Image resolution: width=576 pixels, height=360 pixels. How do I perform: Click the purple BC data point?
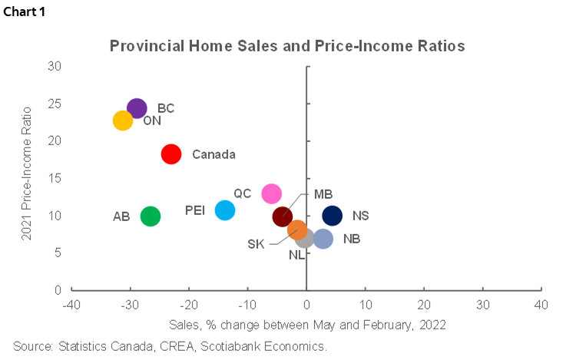click(x=137, y=108)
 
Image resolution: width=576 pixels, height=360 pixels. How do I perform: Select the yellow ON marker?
click(x=123, y=120)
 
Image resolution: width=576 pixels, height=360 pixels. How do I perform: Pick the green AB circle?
click(x=151, y=216)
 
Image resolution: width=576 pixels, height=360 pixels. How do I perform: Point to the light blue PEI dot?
click(x=225, y=210)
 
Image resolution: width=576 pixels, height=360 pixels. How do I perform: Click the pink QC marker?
click(x=271, y=193)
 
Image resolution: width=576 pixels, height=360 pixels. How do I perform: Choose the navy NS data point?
click(x=333, y=216)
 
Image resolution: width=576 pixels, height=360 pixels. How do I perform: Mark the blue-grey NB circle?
click(x=323, y=239)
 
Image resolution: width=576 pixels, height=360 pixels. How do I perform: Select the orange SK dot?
click(x=297, y=230)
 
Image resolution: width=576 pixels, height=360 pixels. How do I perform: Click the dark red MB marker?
click(x=283, y=216)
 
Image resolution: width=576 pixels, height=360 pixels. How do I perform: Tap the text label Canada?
click(x=214, y=154)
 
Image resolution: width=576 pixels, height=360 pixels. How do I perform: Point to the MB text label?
click(x=323, y=194)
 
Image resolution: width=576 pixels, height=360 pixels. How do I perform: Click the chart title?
click(x=287, y=46)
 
